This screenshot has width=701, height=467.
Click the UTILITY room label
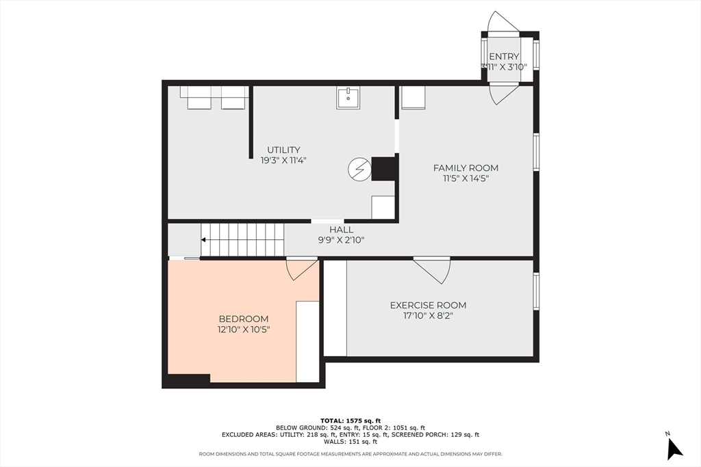pos(283,150)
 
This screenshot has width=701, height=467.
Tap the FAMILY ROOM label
pos(466,168)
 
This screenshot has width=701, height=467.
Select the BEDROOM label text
pos(244,319)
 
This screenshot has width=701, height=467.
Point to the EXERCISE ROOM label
pos(428,306)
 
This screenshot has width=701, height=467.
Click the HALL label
pos(341,230)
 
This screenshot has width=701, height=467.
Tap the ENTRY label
pos(504,56)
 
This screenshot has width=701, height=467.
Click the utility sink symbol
pos(348,98)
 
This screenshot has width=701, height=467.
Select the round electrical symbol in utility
pos(360,169)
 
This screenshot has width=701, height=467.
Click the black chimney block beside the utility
pos(384,169)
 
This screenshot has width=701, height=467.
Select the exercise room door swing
pos(432,271)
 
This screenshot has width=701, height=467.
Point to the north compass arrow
pos(674,449)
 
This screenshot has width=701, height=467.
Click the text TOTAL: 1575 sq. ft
pos(350,421)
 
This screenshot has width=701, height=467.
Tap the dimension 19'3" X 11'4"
pos(283,160)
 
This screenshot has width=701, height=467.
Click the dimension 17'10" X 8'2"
pos(428,316)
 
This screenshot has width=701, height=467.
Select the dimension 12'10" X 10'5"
pos(244,330)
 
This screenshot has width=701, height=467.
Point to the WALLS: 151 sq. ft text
pos(350,442)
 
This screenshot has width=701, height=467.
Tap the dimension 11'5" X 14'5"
pos(466,178)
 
